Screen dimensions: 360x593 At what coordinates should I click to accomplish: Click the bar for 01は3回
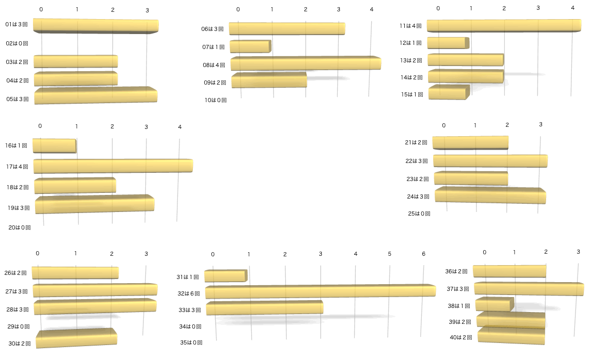tap(95, 26)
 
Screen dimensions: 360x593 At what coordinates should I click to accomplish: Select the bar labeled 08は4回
tap(305, 63)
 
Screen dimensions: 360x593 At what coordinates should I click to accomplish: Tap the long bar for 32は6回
tap(320, 291)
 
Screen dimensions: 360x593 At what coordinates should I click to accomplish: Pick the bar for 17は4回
tap(113, 166)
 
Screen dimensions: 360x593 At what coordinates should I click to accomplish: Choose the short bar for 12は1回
tap(448, 43)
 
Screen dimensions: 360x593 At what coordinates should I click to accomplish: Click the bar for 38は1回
tap(494, 304)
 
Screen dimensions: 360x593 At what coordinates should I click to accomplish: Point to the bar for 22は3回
tap(490, 161)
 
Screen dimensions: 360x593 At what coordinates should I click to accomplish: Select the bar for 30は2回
tap(76, 338)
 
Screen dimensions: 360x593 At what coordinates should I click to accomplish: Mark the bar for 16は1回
tap(54, 145)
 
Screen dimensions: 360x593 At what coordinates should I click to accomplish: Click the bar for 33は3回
tap(265, 308)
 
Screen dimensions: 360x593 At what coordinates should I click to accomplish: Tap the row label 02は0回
tap(17, 44)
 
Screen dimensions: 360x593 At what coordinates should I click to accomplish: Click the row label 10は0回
tap(216, 100)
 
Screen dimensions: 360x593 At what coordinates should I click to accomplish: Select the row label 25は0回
tap(419, 214)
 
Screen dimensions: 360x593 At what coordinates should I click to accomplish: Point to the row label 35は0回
tap(191, 342)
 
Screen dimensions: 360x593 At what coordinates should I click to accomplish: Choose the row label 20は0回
tap(20, 227)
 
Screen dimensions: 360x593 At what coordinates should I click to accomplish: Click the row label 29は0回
tap(18, 326)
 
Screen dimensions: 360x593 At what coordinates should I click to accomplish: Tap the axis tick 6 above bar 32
tap(423, 254)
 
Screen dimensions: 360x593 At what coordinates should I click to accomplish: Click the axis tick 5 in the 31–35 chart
tap(390, 254)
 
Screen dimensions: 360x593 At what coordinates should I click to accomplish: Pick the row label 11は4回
tap(410, 26)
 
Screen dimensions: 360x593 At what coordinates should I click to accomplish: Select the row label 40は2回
tap(460, 338)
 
